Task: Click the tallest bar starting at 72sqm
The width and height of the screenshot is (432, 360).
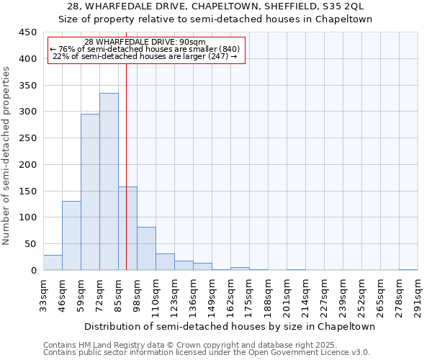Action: point(109,181)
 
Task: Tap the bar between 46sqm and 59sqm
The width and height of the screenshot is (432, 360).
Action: point(71,235)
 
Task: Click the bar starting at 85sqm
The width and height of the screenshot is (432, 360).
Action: point(127,228)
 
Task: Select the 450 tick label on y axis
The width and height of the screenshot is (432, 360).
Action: point(28,32)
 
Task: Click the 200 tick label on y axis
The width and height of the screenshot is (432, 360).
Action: point(28,165)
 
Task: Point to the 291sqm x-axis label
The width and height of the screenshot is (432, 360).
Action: point(418,297)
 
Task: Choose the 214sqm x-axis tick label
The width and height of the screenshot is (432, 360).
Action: point(305,297)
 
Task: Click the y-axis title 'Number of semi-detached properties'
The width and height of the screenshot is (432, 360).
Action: point(7,156)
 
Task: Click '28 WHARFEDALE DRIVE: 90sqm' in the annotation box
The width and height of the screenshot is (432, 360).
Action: point(145,42)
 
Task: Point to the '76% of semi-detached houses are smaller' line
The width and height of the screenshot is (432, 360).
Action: point(145,49)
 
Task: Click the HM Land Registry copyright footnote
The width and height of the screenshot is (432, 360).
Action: point(185,345)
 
